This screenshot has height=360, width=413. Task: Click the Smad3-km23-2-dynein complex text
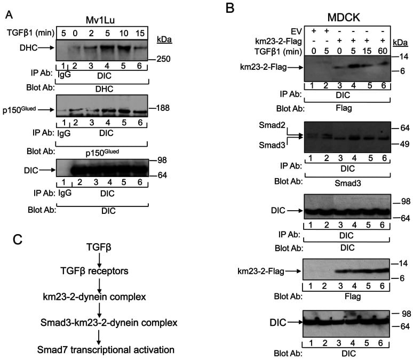[x=100, y=324]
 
